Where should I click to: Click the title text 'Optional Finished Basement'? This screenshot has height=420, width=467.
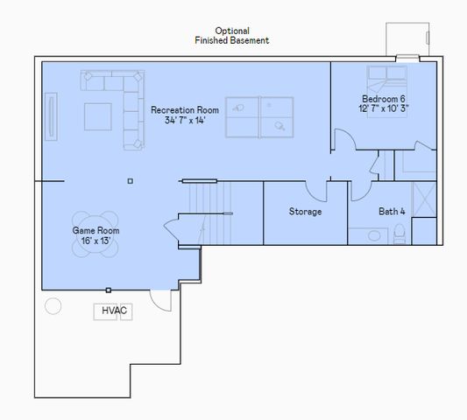pos(231,35)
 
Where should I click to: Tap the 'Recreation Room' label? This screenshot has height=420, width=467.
pos(184,110)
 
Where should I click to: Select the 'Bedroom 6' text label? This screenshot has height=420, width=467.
pos(384,99)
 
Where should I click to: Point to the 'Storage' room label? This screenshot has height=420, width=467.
pos(305,212)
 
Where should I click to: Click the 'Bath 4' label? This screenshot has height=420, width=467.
pos(392,212)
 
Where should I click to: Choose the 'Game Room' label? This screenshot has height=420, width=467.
pos(96,231)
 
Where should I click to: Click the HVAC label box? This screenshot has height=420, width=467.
pos(113,311)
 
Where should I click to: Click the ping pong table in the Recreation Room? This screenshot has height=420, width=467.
pos(261,116)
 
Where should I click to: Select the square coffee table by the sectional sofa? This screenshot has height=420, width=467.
pos(97,115)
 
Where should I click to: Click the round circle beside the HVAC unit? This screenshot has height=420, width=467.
pos(53,306)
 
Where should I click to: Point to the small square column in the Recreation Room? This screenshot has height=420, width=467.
pos(130,181)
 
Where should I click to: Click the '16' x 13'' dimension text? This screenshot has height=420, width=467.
pos(96,241)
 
